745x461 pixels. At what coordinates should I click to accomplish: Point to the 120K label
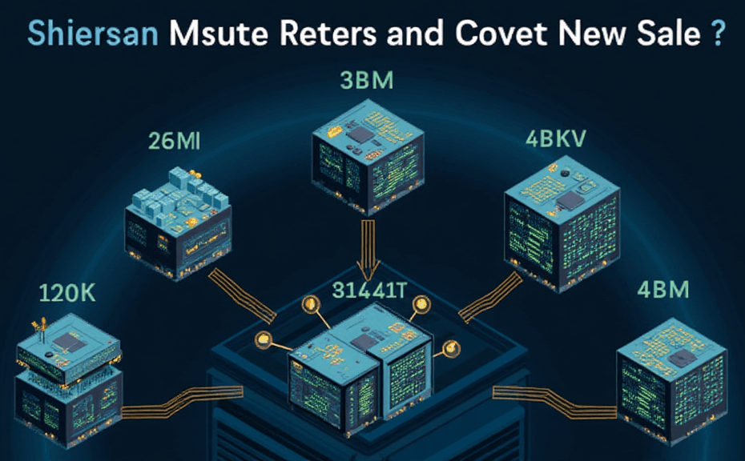(66, 294)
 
